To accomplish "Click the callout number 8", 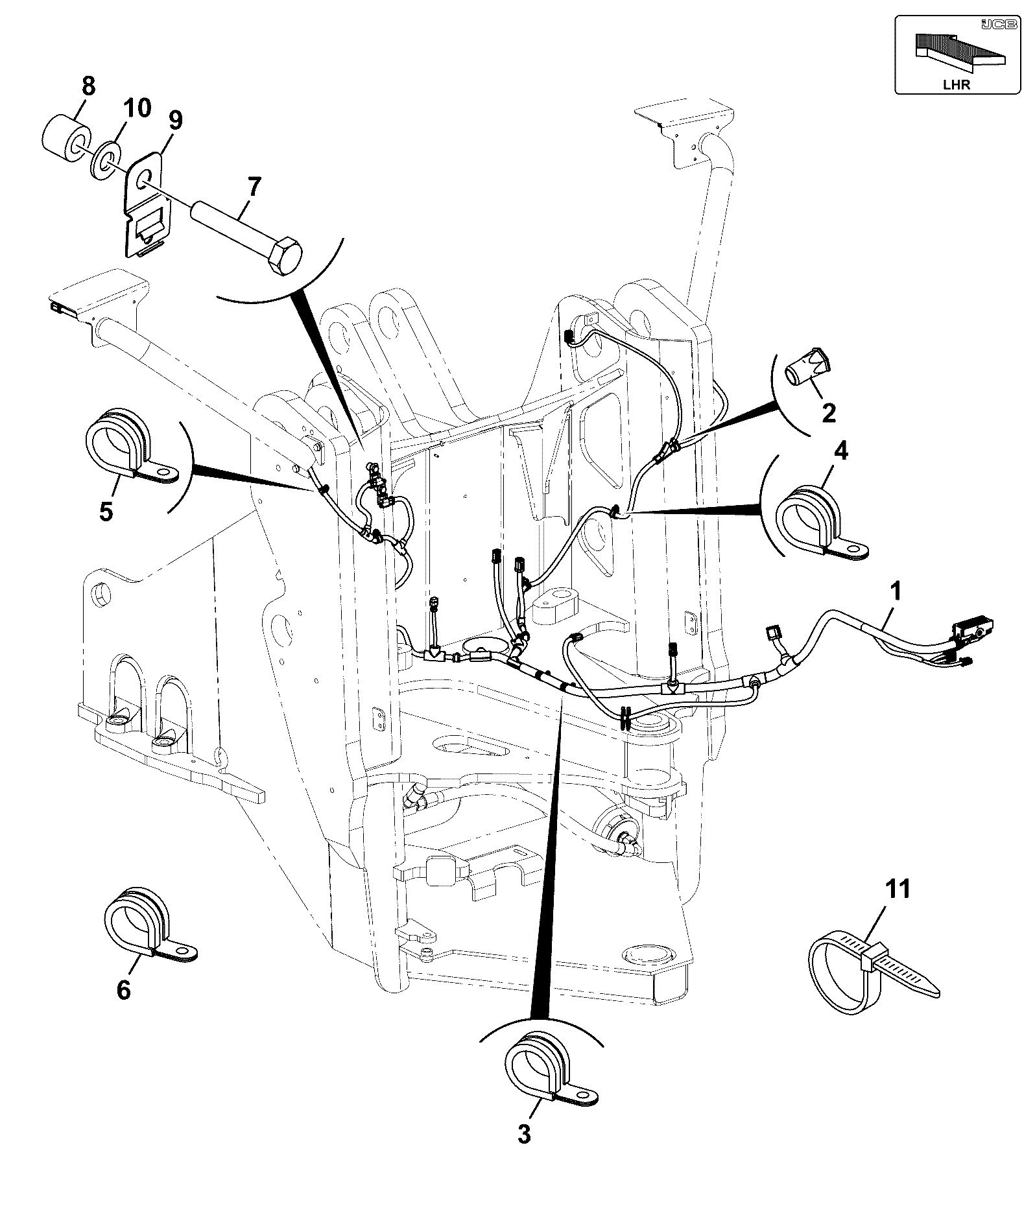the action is pyautogui.click(x=87, y=86).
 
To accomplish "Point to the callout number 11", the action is pyautogui.click(x=898, y=889).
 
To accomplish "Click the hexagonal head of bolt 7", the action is pyautogui.click(x=284, y=257).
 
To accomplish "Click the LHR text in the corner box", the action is pyautogui.click(x=957, y=84).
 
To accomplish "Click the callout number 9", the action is pyautogui.click(x=175, y=121).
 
